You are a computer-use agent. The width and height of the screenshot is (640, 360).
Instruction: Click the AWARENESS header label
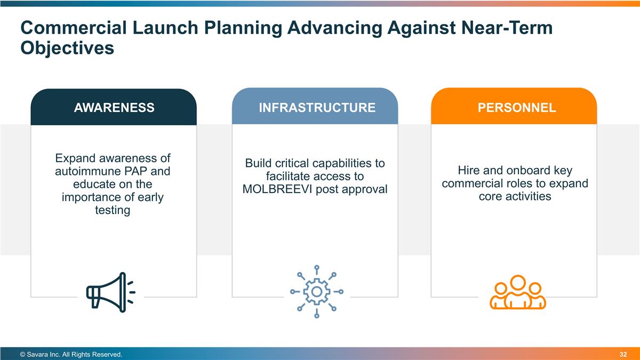pyautogui.click(x=114, y=108)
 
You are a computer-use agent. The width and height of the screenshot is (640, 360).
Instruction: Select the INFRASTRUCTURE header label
pyautogui.click(x=317, y=108)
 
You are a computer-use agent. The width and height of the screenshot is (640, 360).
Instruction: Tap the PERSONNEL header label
pyautogui.click(x=517, y=108)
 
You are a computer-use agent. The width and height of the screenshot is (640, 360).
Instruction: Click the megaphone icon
pyautogui.click(x=111, y=292)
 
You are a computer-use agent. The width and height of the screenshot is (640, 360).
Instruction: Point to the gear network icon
pyautogui.click(x=317, y=292)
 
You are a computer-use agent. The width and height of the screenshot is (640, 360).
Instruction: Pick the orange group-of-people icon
pyautogui.click(x=518, y=292)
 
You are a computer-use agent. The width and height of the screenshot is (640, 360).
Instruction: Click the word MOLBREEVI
pyautogui.click(x=277, y=189)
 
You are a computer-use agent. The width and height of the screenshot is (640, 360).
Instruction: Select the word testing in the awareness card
pyautogui.click(x=113, y=210)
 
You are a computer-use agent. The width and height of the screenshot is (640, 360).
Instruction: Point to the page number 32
pyautogui.click(x=623, y=354)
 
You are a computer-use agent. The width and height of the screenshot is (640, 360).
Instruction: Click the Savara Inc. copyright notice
pyautogui.click(x=71, y=355)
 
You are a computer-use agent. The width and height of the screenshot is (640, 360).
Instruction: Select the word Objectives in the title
pyautogui.click(x=67, y=47)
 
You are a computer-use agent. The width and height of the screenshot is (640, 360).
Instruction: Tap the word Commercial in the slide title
pyautogui.click(x=74, y=28)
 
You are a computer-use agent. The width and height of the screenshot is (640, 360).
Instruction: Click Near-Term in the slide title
pyautogui.click(x=507, y=28)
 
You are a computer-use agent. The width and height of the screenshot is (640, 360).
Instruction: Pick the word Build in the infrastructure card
pyautogui.click(x=258, y=163)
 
